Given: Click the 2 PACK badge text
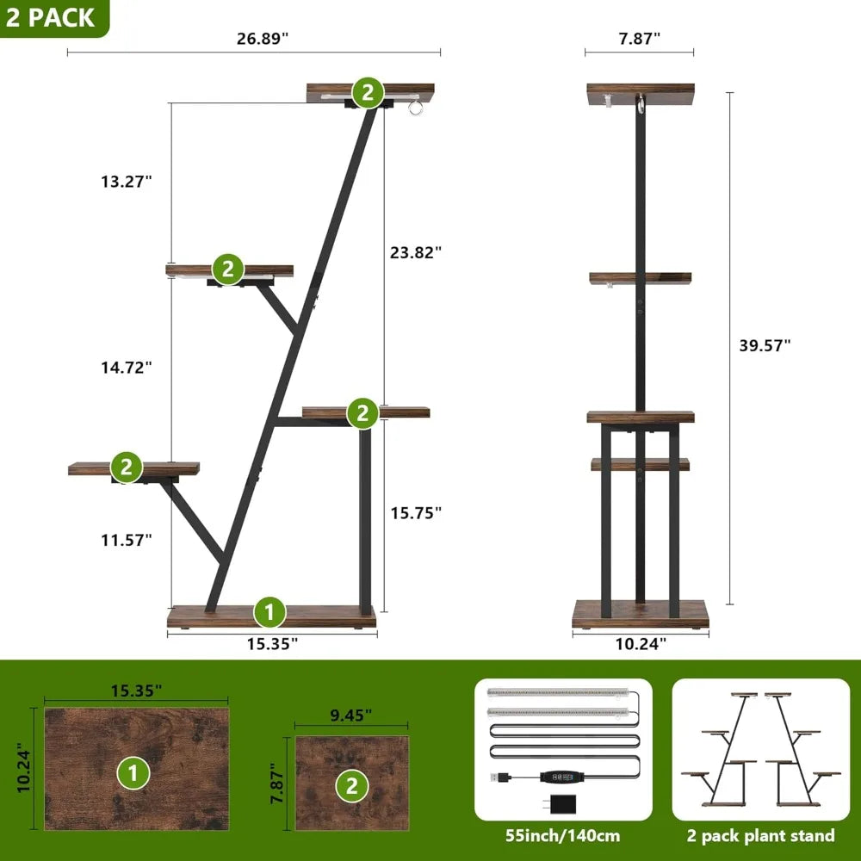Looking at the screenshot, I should pyautogui.click(x=50, y=18).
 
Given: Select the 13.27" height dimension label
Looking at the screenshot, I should pyautogui.click(x=124, y=182).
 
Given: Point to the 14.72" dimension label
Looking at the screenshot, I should pyautogui.click(x=124, y=367).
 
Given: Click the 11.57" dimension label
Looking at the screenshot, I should pyautogui.click(x=124, y=540).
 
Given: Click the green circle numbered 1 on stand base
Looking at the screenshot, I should pyautogui.click(x=269, y=613).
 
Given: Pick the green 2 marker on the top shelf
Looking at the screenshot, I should pyautogui.click(x=368, y=92).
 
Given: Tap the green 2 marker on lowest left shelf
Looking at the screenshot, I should pyautogui.click(x=127, y=468).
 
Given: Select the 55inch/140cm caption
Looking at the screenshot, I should pyautogui.click(x=563, y=835).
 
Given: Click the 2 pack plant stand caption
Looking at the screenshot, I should pyautogui.click(x=761, y=835).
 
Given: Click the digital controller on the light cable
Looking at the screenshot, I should pyautogui.click(x=561, y=777).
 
